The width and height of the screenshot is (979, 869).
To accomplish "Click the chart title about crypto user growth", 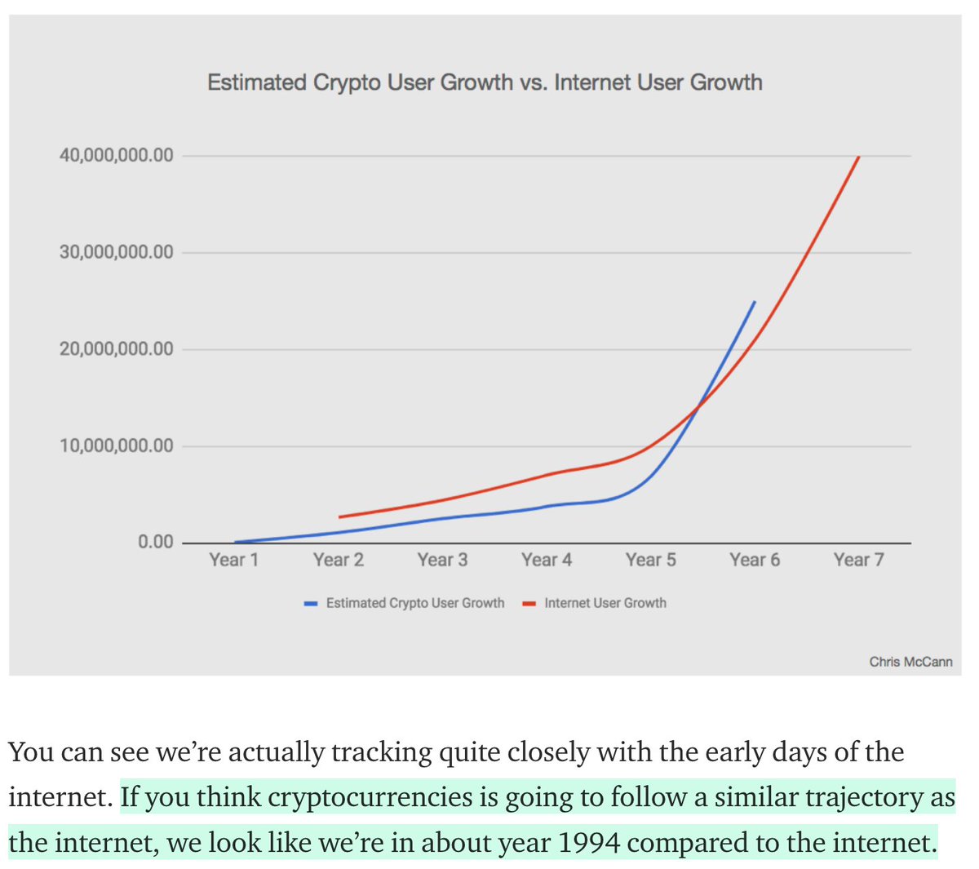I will [x=485, y=82].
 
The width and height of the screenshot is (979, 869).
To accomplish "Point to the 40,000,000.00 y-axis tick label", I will [x=116, y=155].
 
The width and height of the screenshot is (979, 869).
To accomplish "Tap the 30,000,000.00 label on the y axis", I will [x=116, y=252].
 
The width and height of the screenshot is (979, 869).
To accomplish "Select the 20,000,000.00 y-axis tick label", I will [x=116, y=349].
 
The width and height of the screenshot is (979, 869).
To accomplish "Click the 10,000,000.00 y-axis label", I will [x=116, y=446].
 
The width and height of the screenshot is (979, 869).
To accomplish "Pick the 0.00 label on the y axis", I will [x=155, y=543].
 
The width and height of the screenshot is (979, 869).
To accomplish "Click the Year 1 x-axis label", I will [x=233, y=560].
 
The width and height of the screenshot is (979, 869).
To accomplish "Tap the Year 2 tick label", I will [x=338, y=560].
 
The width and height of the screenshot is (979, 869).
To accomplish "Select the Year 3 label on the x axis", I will [x=442, y=560].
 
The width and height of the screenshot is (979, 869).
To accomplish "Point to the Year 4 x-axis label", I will [x=547, y=560].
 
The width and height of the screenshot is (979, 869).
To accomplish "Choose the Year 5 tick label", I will [x=650, y=560].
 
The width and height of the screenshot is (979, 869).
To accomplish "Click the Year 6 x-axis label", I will [x=755, y=560].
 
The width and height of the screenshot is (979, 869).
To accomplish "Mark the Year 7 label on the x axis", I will [x=858, y=560].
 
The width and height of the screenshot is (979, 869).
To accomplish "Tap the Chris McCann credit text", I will [x=910, y=662].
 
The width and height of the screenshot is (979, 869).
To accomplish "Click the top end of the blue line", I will [x=755, y=302].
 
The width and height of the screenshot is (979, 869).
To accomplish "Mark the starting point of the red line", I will [x=339, y=517].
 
